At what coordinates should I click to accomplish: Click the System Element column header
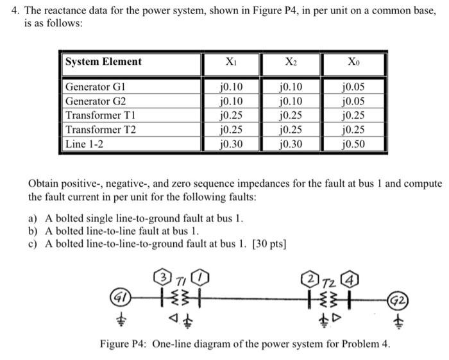click(x=103, y=62)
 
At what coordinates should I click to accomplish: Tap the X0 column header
click(x=355, y=62)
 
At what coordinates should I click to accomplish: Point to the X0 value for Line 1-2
click(x=354, y=144)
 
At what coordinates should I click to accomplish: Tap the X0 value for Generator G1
click(x=354, y=87)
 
